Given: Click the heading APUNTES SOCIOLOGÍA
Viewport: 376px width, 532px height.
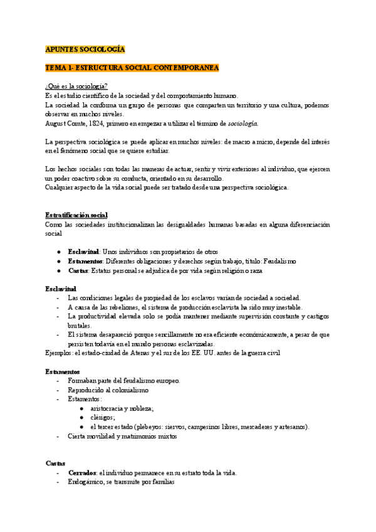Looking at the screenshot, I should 85,49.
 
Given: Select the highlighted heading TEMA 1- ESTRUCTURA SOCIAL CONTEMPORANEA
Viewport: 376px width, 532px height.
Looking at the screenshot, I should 132,67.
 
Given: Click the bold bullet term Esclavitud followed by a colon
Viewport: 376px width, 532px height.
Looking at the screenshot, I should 84,251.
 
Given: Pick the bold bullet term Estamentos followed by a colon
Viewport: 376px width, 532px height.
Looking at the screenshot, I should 86,261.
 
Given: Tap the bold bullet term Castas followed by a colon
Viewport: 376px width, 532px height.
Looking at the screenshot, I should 78,270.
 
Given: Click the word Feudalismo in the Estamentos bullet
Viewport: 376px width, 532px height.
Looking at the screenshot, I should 276,261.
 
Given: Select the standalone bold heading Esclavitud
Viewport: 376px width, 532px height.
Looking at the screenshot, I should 61,288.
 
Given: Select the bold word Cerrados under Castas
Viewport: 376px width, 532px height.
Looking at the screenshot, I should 81,472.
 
